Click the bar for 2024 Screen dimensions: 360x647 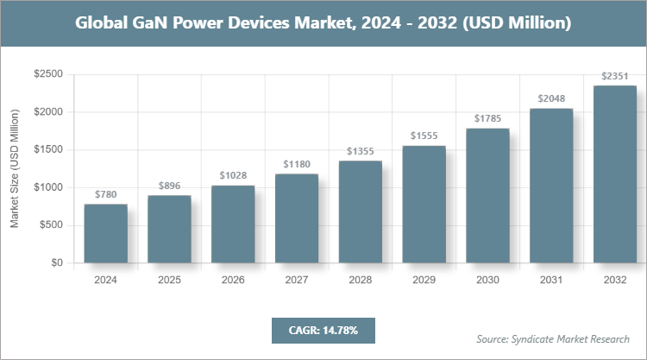105,233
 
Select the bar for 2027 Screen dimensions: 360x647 297,218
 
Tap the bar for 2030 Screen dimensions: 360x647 487,195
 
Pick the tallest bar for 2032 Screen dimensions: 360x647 615,174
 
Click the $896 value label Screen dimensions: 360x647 169,185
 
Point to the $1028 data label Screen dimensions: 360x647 233,174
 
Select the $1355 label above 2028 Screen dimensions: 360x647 360,151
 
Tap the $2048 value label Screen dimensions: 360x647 551,98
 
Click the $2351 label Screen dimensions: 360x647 615,75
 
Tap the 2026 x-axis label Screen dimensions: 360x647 233,280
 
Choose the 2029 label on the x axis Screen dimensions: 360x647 424,280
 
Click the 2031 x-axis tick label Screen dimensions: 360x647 551,280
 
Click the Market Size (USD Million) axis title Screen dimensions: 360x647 15,168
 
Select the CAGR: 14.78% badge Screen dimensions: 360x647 323,330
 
